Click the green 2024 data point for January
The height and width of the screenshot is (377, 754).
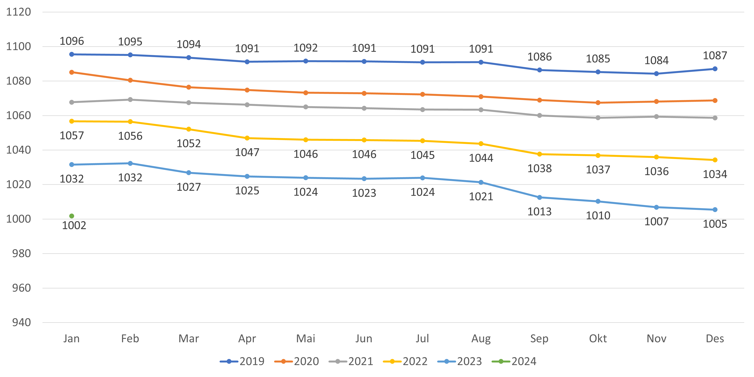(x=72, y=216)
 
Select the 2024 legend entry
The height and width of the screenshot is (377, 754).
(x=514, y=362)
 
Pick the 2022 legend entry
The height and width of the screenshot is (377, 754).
(x=405, y=362)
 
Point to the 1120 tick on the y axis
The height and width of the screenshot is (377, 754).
(x=18, y=12)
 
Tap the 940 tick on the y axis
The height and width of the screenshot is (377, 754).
(x=21, y=323)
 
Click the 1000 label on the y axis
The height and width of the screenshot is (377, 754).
(x=18, y=219)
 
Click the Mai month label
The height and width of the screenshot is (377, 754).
(x=306, y=339)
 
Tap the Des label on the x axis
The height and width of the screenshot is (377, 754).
(x=715, y=339)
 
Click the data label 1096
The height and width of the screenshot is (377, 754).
(x=72, y=41)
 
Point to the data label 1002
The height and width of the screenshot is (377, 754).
(x=74, y=225)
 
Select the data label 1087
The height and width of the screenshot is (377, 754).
(x=715, y=55)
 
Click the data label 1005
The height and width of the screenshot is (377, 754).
(x=715, y=224)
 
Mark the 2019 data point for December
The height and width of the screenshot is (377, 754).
(x=715, y=69)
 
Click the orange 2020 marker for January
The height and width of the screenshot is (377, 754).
(x=72, y=72)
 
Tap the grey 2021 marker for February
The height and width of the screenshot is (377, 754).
(x=130, y=100)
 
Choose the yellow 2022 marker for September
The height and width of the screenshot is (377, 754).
(x=539, y=154)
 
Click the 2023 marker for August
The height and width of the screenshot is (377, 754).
(x=481, y=182)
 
